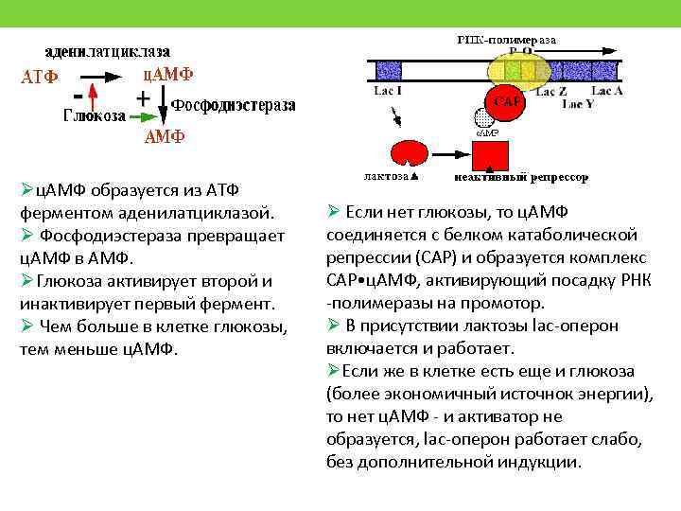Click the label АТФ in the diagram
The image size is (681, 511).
pos(39,77)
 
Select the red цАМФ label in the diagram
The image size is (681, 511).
pos(168,74)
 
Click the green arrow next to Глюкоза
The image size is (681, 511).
pos(143,116)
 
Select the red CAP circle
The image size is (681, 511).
pos(504,101)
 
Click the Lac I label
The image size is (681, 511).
pos(387,91)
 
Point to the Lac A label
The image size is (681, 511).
pos(605,92)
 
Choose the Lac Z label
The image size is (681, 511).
pos(550,92)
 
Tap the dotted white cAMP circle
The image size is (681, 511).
pos(483,118)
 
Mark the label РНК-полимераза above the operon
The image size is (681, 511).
pos(507,41)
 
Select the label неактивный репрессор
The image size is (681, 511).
pos(521,177)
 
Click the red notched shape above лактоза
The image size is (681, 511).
pos(409,153)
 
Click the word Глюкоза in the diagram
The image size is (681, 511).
pos(95,116)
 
